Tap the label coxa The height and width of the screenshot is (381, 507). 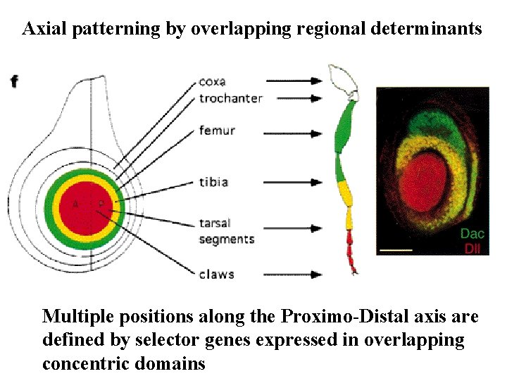(x=212, y=81)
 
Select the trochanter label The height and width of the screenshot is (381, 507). (x=230, y=98)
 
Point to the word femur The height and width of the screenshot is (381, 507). (x=216, y=131)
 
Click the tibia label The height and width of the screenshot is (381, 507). (x=213, y=182)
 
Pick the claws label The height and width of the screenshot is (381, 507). (x=216, y=274)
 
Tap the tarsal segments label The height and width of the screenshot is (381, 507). (x=226, y=231)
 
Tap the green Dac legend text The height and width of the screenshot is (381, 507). (x=472, y=234)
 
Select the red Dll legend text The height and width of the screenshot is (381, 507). (x=474, y=248)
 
